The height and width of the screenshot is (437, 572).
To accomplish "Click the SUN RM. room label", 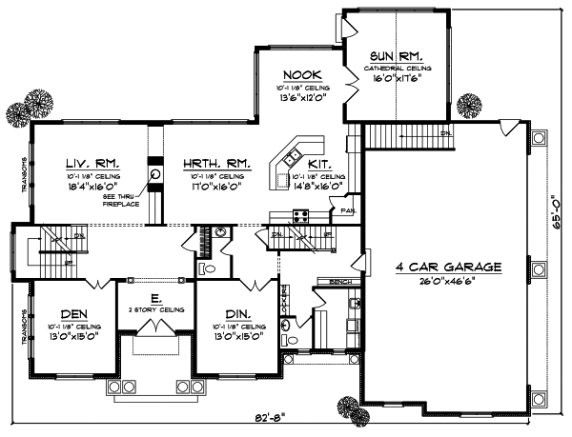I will (x=397, y=56).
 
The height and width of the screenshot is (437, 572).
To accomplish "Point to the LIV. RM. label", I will (x=92, y=164).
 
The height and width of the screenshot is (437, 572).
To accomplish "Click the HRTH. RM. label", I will (x=216, y=164).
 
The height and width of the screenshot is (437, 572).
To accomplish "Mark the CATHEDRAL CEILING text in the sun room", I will (x=400, y=70).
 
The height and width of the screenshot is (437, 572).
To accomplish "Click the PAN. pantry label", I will (x=350, y=209).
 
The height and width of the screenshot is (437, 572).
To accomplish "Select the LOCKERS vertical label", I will (x=283, y=307).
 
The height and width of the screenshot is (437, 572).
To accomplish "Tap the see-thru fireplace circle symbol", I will (x=154, y=174).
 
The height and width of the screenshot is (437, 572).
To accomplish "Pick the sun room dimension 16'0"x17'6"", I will (x=400, y=81).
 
